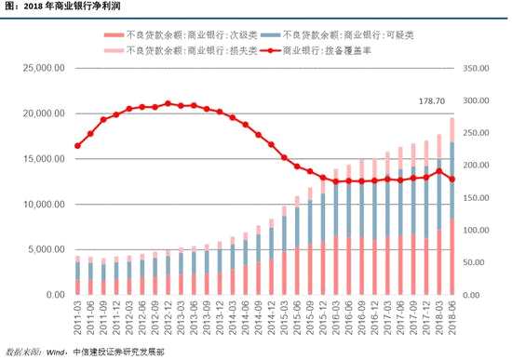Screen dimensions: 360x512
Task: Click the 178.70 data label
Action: click(x=434, y=100)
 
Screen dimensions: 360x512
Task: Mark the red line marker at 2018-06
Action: click(x=451, y=180)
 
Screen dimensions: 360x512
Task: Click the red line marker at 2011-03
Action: click(x=77, y=146)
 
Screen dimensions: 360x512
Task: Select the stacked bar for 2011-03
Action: click(x=77, y=277)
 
